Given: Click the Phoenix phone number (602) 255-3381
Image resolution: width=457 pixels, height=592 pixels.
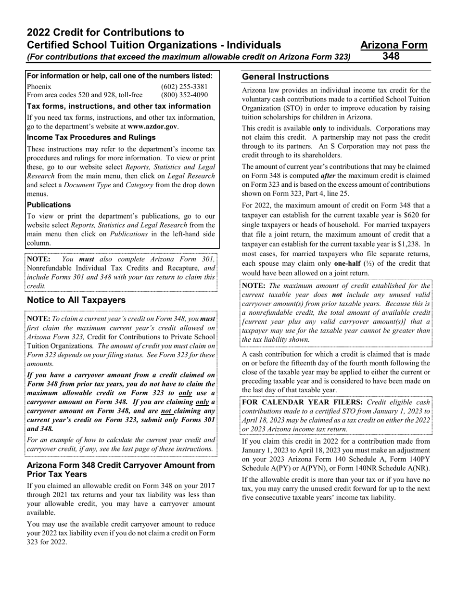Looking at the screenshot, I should (184, 87).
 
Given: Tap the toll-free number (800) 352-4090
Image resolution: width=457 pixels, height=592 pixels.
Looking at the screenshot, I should (184, 95).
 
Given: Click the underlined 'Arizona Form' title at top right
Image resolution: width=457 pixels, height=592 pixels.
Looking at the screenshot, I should (394, 45).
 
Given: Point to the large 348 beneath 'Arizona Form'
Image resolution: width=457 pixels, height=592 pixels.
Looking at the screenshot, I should (391, 56).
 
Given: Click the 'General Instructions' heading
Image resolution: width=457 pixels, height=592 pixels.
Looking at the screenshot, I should (285, 77).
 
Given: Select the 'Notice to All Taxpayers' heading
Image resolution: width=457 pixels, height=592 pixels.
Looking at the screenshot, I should (76, 300).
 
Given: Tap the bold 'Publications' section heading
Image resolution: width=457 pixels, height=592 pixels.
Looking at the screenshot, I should (49, 205).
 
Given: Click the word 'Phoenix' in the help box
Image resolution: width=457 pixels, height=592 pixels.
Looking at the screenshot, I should (38, 87).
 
